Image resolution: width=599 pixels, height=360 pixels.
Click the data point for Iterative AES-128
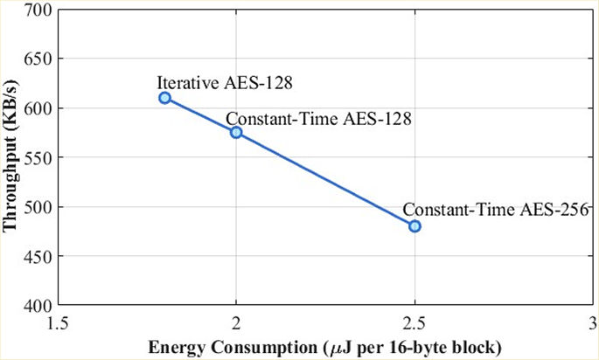[x=164, y=98]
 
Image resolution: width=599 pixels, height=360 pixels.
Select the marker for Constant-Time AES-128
[x=236, y=132]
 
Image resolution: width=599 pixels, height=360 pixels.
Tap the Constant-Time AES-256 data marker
[x=415, y=225]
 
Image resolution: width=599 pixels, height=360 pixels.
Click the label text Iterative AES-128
[x=225, y=83]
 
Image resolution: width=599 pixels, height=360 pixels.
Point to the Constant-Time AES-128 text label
[x=318, y=118]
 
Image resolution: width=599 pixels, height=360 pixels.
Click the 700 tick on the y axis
[x=38, y=11]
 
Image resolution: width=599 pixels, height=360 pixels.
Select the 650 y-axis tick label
[x=38, y=60]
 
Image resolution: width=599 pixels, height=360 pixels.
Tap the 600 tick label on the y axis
[x=38, y=109]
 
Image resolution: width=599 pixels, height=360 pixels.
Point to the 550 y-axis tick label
[x=38, y=158]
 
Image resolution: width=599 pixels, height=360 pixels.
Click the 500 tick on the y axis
[x=38, y=208]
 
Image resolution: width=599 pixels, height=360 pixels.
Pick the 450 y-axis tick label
[x=38, y=257]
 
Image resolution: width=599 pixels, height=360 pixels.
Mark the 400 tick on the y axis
[x=38, y=306]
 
